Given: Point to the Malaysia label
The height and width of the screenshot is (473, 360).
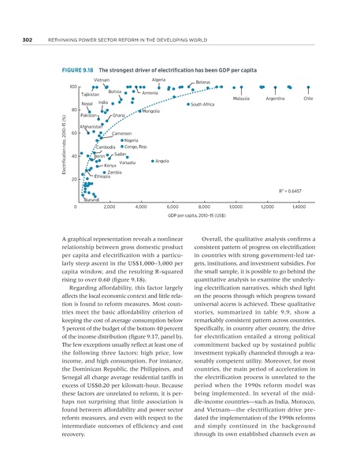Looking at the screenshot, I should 241,99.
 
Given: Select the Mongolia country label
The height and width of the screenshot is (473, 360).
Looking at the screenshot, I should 151,111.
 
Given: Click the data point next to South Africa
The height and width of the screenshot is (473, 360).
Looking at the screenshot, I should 188,104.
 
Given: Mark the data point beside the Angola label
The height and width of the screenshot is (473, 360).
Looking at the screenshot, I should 152,161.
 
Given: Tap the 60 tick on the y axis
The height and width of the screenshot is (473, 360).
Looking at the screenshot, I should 73,133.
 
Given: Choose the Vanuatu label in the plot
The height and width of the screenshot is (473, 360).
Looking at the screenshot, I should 127,162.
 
